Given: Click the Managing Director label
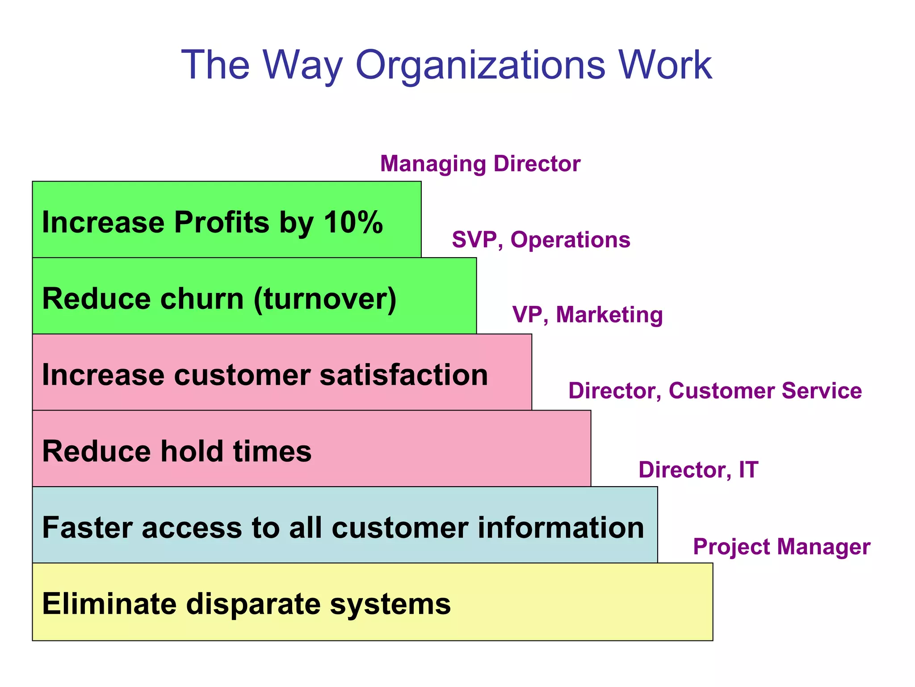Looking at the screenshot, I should [480, 164].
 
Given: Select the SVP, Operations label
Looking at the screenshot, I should [541, 240].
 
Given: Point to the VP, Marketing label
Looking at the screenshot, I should [588, 315].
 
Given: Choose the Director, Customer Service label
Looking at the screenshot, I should [715, 391].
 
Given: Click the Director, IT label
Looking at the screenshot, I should [698, 470].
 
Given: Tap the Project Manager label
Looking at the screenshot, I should [781, 547].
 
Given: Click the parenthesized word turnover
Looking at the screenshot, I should [325, 299].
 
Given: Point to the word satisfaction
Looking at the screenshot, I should [404, 375].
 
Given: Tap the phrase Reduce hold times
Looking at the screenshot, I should [177, 451].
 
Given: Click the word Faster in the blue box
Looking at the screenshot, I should [88, 528].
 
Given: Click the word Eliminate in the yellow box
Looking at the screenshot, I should [109, 604].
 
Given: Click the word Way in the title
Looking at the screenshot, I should [302, 65].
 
